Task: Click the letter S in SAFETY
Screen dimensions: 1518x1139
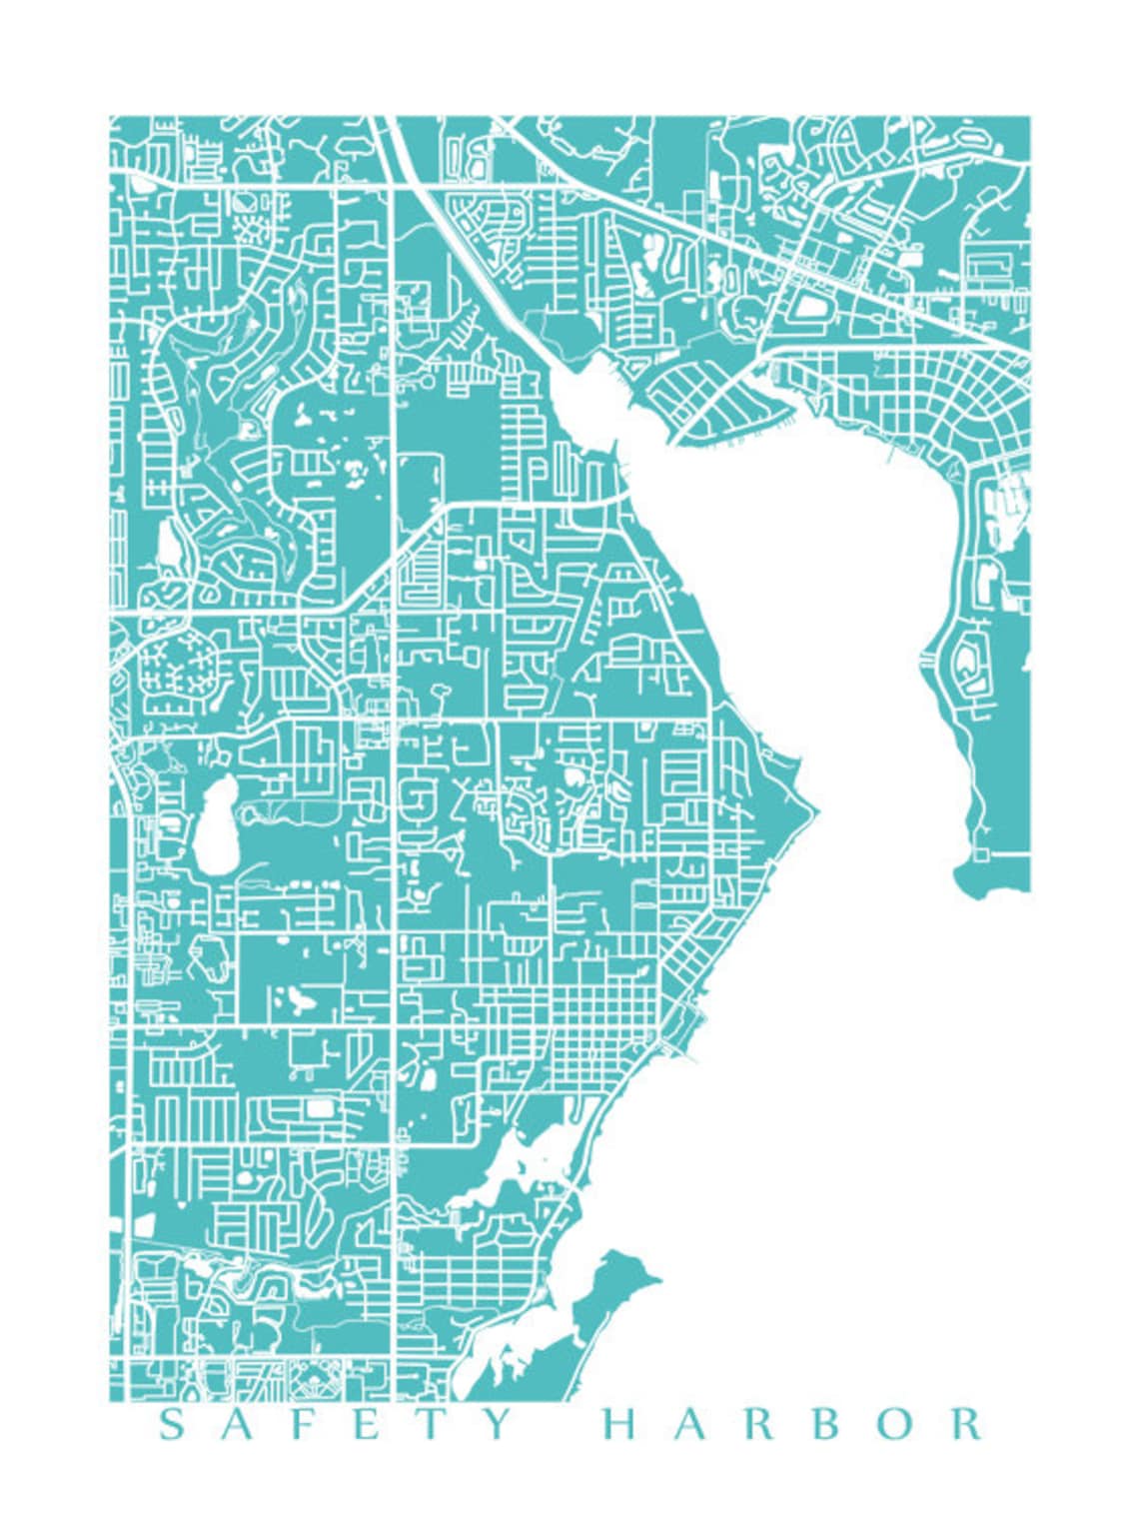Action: tap(173, 1424)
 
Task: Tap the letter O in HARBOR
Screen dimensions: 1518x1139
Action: tap(896, 1424)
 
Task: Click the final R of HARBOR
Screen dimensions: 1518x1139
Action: tap(965, 1424)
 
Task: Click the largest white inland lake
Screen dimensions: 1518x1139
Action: tap(215, 825)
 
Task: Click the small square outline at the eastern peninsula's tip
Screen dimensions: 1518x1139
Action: tap(981, 854)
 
